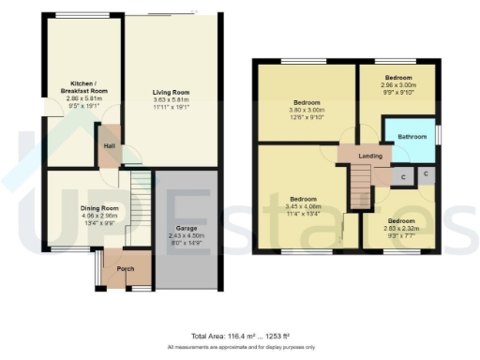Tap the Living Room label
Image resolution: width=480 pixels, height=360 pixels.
[x=172, y=92]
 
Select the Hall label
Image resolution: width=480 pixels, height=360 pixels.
[x=109, y=146]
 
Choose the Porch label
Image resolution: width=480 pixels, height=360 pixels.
[x=125, y=269]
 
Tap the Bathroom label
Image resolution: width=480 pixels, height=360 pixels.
[x=412, y=137]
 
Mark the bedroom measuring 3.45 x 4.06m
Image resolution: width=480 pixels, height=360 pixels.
[x=303, y=200]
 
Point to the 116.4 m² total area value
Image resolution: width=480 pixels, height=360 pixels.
[x=242, y=335]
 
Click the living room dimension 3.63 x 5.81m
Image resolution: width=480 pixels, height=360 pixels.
[x=172, y=100]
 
